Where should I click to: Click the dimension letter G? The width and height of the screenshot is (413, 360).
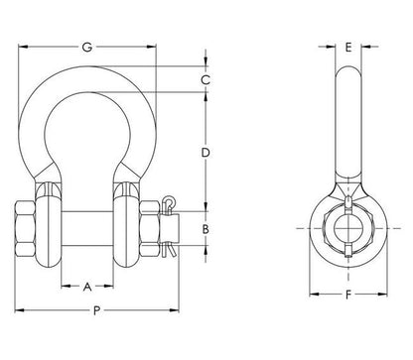87,48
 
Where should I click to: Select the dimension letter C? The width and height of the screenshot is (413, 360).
206,79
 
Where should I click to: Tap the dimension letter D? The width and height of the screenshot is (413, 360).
206,153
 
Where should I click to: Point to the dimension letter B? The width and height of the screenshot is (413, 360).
206,229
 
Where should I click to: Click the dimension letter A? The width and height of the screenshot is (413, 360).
87,287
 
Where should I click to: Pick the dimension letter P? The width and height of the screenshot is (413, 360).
96,310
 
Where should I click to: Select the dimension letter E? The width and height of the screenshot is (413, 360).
348,48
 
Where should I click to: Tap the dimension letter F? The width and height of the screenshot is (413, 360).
348,295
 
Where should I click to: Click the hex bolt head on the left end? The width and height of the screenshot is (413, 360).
25,228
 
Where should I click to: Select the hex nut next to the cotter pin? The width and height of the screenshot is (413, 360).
149,228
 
